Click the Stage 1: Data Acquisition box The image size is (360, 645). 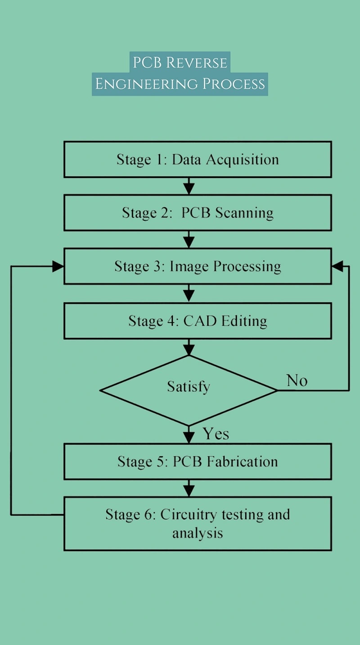click(x=198, y=160)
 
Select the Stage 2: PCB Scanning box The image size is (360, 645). click(x=198, y=213)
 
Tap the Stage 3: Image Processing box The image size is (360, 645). click(x=198, y=266)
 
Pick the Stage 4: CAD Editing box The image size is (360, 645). click(x=198, y=321)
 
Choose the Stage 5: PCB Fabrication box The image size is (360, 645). click(x=198, y=461)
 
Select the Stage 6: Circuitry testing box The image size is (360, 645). click(x=198, y=524)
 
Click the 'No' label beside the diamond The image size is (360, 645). click(x=297, y=381)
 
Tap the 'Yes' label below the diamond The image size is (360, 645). click(x=216, y=434)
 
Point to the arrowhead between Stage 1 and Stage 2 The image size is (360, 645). click(x=189, y=189)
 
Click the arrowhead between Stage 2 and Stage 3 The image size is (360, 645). click(x=189, y=242)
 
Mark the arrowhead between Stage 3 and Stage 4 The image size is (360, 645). click(x=189, y=296)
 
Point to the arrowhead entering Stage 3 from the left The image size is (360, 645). click(x=58, y=266)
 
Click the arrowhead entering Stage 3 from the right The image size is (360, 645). click(x=338, y=266)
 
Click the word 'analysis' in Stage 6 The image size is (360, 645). click(x=198, y=533)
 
